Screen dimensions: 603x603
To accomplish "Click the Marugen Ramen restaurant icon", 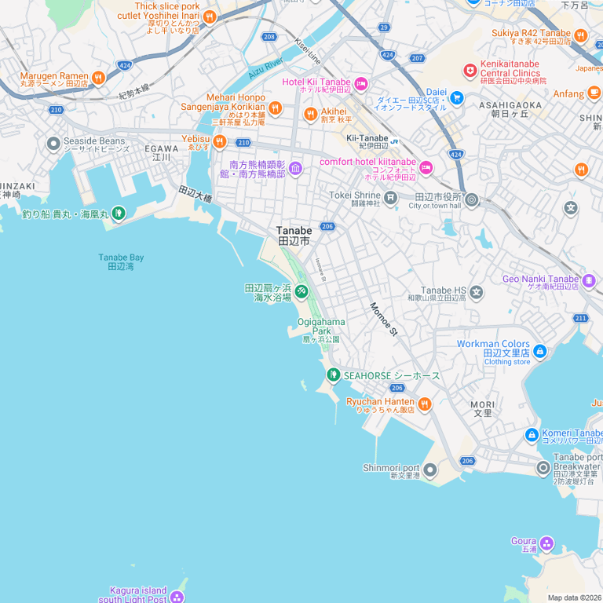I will click(98, 77).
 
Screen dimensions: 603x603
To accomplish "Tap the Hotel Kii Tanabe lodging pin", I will click(360, 83).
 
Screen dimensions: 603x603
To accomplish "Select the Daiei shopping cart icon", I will click(457, 97).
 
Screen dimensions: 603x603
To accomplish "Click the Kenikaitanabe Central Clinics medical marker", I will click(470, 71).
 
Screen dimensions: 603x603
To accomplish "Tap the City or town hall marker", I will click(472, 199).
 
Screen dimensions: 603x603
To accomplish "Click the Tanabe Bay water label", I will click(120, 261).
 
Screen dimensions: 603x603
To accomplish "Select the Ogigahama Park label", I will click(321, 326).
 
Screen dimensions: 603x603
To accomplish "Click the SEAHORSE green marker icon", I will click(333, 375).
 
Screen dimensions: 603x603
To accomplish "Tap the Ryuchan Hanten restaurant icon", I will click(425, 404).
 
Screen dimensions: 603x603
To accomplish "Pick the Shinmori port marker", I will click(430, 470).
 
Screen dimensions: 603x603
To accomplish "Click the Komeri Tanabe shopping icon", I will click(532, 434).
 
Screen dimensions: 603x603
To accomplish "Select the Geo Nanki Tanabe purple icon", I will click(589, 280).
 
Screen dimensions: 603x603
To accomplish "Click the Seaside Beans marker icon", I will click(53, 144).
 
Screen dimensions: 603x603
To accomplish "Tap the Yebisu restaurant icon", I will click(219, 141).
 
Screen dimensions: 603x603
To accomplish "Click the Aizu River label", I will click(265, 68).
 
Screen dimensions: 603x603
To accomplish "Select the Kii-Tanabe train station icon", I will click(395, 141).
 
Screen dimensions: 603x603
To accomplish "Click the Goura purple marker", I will click(546, 543).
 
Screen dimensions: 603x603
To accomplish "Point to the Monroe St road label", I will click(384, 320).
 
